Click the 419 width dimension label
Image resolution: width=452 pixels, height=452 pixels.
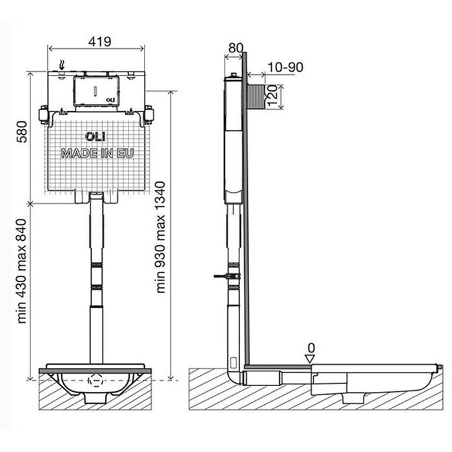99,42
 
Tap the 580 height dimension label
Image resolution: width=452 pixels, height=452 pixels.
22,132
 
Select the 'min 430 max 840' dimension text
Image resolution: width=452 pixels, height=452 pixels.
22,271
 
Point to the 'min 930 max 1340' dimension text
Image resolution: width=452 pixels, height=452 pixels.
160,237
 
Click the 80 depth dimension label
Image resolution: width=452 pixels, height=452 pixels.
236,48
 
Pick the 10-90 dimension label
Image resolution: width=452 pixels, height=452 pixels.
285,67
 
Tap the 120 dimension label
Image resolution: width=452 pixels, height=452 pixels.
272,96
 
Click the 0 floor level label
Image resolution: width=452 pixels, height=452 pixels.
311,348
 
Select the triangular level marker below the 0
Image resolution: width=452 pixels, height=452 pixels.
310,359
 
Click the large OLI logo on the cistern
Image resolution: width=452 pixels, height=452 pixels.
96,137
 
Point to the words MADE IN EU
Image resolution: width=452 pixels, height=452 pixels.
98,153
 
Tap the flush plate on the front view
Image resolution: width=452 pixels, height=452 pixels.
96,91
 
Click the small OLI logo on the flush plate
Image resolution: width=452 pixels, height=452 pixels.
110,99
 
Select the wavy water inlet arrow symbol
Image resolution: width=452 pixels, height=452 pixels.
61,65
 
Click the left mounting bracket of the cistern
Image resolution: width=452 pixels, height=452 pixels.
44,115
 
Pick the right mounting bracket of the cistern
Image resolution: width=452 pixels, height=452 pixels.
149,114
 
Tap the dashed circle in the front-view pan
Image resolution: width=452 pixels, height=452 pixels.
97,380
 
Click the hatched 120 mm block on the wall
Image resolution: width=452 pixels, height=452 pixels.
256,96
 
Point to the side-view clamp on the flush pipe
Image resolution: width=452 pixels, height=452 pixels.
227,276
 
